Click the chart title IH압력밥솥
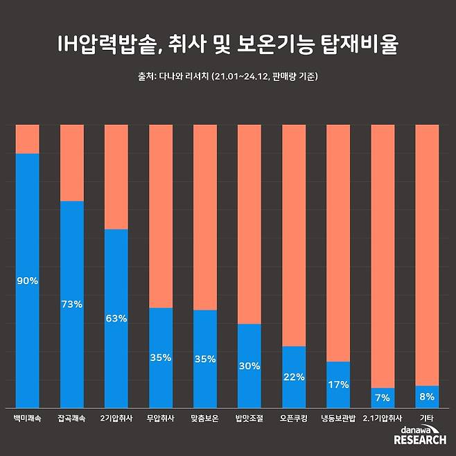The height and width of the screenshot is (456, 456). coord(228,44)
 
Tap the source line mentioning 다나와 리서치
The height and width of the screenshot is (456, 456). coord(228,77)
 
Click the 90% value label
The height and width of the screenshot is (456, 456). coord(28,281)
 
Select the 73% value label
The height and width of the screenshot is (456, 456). coord(71,304)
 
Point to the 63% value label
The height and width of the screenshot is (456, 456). coord(116,319)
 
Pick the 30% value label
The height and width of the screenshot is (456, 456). coord(249,366)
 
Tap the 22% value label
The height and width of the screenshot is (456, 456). coord(294,377)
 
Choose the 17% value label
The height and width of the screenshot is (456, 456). coord(338,385)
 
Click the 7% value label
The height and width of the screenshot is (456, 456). coord(383,398)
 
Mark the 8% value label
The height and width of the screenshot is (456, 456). coord(427,397)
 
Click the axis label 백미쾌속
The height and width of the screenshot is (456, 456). coord(28,419)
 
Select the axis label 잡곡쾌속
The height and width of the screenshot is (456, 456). coord(71,419)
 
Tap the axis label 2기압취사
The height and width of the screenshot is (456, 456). coord(116,419)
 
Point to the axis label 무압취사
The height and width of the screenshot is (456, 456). coord(161,419)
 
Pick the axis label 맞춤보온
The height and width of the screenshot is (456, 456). coord(205,419)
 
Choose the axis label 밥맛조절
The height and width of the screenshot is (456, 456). coord(249,419)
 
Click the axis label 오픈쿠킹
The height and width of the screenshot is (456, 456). coord(294,419)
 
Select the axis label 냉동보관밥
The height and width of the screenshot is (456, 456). coord(338,419)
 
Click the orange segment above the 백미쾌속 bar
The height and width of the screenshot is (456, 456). coord(28,139)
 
